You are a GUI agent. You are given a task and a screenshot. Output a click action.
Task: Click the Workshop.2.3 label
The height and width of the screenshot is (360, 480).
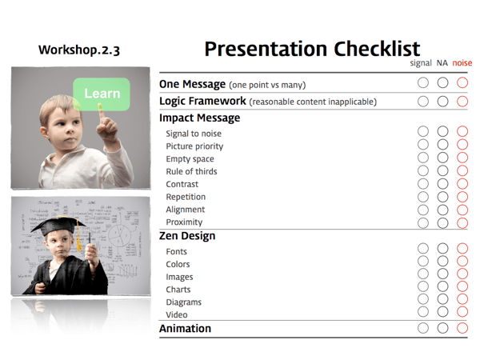tap(79, 50)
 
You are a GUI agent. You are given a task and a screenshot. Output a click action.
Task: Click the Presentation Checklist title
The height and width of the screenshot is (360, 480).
tap(312, 49)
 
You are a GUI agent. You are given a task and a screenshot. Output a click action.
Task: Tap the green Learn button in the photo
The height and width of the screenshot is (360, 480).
tap(102, 94)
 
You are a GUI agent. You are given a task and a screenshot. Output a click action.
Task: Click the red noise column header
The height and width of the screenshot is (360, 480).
tap(462, 63)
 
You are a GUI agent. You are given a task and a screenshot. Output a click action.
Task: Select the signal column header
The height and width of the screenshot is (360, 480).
tap(420, 63)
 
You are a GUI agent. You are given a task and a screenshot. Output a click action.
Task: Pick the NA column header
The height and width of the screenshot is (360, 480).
tap(442, 63)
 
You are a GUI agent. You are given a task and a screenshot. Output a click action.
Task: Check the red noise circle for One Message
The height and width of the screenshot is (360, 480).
tap(462, 82)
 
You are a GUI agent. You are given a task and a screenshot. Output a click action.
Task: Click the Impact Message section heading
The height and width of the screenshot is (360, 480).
tap(199, 118)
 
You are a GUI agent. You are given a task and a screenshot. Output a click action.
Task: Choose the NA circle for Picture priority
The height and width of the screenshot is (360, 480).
tap(442, 146)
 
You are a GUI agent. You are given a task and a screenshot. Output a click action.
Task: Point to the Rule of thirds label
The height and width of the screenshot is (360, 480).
tap(191, 171)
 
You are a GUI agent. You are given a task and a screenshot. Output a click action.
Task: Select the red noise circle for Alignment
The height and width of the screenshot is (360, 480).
tap(462, 210)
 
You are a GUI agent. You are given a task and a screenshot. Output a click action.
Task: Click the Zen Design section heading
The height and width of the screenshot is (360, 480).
tap(186, 236)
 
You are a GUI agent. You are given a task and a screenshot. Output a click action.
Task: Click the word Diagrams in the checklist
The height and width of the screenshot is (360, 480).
tap(183, 302)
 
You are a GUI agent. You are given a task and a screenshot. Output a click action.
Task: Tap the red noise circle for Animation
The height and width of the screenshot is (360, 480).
tap(462, 328)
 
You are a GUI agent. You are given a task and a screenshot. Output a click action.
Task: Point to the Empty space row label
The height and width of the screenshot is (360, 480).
tap(190, 158)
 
